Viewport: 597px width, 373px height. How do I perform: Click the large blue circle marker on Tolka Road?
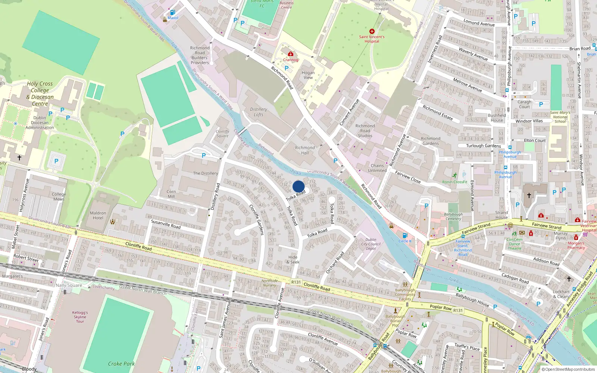click(298, 186)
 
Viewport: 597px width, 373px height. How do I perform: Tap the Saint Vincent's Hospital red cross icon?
click(372, 31)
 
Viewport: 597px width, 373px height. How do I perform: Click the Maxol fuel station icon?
click(172, 13)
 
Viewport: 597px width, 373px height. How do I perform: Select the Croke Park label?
click(121, 364)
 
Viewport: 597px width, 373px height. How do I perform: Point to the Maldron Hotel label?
click(98, 215)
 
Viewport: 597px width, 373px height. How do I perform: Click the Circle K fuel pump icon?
click(405, 235)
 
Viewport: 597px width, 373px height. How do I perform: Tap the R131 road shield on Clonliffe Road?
click(296, 282)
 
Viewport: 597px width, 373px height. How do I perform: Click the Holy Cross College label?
click(40, 93)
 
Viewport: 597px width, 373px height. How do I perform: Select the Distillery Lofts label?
click(259, 112)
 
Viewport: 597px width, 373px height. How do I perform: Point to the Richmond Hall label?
click(305, 150)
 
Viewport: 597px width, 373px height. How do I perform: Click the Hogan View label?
click(308, 75)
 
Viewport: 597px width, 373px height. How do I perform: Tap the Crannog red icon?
click(291, 54)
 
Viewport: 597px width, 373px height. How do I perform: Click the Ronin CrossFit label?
click(455, 182)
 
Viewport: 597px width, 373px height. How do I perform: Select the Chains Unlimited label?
click(377, 168)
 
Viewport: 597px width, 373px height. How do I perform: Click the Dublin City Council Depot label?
click(371, 244)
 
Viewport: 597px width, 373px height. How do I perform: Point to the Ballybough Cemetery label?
click(453, 216)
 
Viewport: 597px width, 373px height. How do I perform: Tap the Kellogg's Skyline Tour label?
click(80, 317)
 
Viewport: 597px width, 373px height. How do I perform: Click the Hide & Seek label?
click(293, 260)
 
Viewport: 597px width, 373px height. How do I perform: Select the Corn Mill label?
click(171, 194)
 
